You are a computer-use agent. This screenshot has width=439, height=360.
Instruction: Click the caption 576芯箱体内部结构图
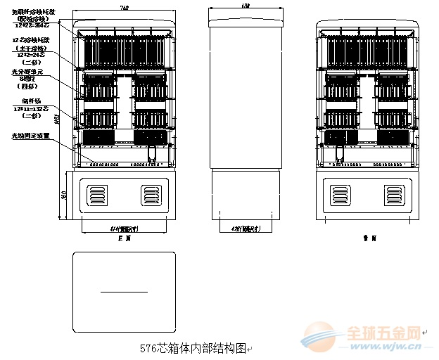click(x=193, y=348)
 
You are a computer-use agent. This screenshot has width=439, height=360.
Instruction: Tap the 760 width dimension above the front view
click(x=124, y=7)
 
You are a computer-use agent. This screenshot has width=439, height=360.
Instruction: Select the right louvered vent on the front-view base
click(x=151, y=194)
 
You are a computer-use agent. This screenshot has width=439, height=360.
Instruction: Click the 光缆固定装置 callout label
click(x=30, y=136)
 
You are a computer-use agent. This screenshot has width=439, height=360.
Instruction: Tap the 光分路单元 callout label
click(x=31, y=72)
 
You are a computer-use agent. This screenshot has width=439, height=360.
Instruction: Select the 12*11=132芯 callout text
click(x=30, y=110)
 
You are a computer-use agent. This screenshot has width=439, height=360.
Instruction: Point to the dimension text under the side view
click(x=246, y=229)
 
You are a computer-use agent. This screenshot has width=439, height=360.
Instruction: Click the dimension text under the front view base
click(x=124, y=229)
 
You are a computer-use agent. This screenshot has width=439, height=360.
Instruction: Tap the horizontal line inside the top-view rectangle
click(x=124, y=291)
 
